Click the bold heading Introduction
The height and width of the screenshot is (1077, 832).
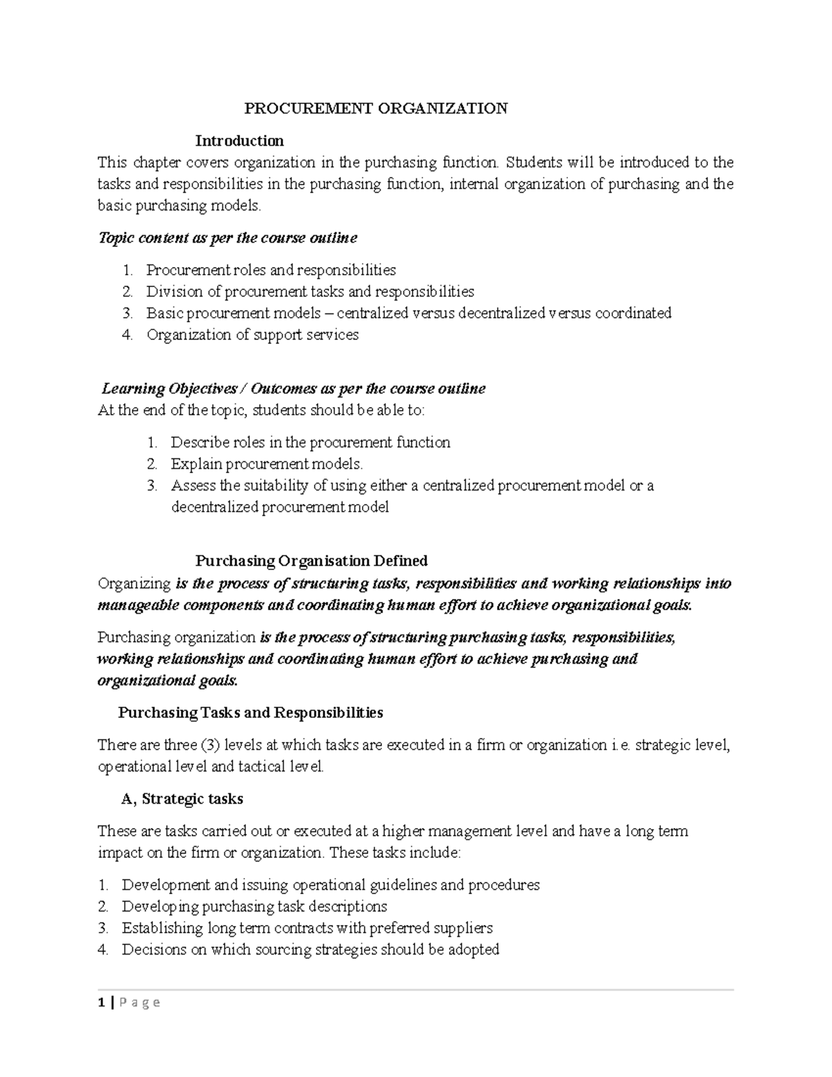click(239, 141)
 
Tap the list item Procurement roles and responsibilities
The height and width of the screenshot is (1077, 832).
click(270, 270)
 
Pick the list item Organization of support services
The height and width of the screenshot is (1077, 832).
click(252, 334)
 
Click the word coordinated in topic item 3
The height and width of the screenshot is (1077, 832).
click(630, 313)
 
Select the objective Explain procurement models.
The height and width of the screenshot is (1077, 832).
click(266, 464)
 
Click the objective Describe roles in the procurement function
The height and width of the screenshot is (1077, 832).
click(310, 442)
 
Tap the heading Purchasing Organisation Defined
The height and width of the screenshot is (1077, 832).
click(311, 560)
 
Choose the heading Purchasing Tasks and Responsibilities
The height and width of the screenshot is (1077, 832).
click(250, 712)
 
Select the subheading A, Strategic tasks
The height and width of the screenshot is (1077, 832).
click(182, 799)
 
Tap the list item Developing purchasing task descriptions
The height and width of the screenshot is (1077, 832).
click(254, 906)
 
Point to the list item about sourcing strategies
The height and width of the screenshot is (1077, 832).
click(310, 949)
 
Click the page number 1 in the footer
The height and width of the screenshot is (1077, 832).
click(101, 1002)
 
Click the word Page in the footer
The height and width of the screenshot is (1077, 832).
click(139, 1002)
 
